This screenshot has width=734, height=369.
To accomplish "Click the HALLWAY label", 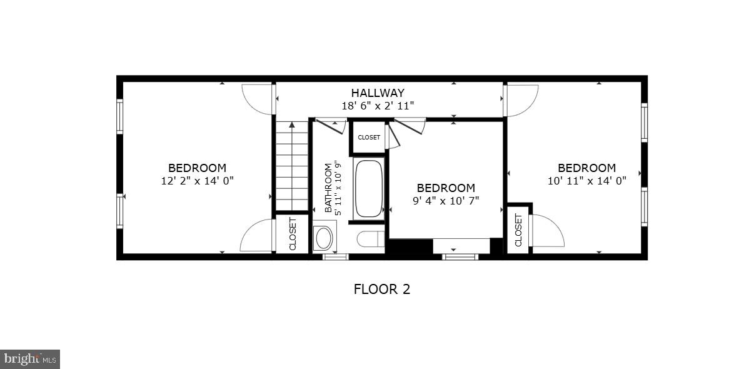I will [x=377, y=93].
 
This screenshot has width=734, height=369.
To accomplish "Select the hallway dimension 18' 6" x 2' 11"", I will [x=377, y=106].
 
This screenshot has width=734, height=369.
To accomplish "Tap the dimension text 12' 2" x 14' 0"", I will [x=197, y=181].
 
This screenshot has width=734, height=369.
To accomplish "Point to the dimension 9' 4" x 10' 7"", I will [x=446, y=201].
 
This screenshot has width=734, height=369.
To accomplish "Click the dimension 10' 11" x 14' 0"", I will [x=586, y=181].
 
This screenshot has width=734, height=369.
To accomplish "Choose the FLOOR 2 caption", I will [x=381, y=289].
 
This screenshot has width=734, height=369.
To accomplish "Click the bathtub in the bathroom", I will [x=368, y=189].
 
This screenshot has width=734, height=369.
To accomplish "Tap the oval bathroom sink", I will [x=324, y=238].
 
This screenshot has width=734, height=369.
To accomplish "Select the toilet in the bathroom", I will [x=371, y=239].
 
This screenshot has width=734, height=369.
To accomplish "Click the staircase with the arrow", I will [x=292, y=165].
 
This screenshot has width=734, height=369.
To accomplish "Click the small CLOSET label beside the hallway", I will [x=369, y=138].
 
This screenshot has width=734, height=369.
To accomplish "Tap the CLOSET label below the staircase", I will [x=293, y=234].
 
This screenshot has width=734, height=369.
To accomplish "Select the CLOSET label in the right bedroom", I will [x=518, y=230].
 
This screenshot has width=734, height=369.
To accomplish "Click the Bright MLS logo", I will [x=30, y=359].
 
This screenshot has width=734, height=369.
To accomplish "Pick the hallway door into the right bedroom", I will [x=521, y=100].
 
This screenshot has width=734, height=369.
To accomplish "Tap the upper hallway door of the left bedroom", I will [x=258, y=99].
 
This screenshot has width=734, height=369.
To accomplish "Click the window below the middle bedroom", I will [x=460, y=256].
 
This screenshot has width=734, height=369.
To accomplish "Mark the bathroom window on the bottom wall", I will [x=336, y=256].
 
